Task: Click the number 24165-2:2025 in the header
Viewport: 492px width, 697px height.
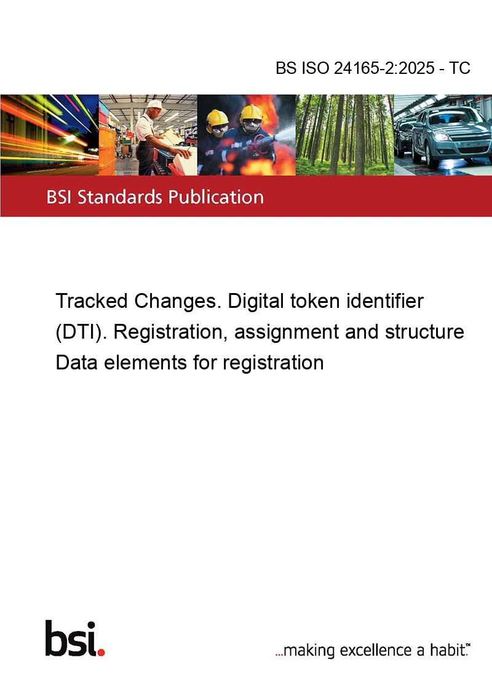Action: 384,68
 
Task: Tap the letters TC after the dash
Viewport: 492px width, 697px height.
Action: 459,68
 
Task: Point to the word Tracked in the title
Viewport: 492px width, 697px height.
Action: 92,301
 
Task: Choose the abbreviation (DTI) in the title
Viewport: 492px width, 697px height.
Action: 81,332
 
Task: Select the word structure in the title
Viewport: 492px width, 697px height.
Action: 424,332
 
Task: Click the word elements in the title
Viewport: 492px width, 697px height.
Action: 145,363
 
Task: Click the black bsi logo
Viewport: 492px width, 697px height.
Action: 71,639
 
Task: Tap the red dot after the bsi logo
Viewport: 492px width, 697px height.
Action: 101,652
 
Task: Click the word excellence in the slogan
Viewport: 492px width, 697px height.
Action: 376,650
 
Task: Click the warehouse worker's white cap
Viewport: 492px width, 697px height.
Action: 156,105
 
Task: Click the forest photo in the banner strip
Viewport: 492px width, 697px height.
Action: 344,135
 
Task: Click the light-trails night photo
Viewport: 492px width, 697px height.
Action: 49,135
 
